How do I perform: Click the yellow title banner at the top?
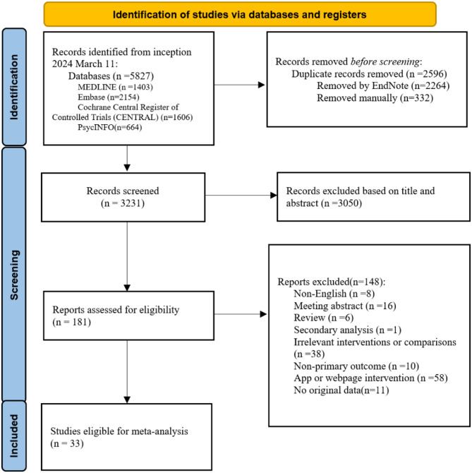[x=240, y=14]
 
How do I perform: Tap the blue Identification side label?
[x=14, y=87]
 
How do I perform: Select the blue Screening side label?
[x=14, y=275]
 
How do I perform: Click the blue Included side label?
[x=14, y=436]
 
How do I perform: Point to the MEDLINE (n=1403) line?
[x=115, y=87]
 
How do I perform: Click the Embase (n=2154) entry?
[x=109, y=97]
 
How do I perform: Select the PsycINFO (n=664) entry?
[x=110, y=127]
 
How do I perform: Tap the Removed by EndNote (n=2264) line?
[x=383, y=85]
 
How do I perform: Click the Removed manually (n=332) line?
[x=375, y=98]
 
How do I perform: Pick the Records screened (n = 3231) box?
[x=123, y=197]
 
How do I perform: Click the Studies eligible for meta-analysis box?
[x=126, y=437]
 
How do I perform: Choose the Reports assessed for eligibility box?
[x=128, y=316]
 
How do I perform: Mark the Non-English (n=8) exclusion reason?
[x=334, y=294]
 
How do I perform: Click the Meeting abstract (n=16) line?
[x=345, y=306]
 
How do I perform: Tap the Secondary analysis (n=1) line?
[x=348, y=330]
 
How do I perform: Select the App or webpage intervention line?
[x=370, y=378]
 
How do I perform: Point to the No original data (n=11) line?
[x=341, y=390]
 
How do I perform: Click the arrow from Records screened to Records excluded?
[x=241, y=195]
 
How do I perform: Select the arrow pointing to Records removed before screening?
[x=240, y=85]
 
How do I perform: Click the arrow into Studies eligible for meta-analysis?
[x=127, y=371]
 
